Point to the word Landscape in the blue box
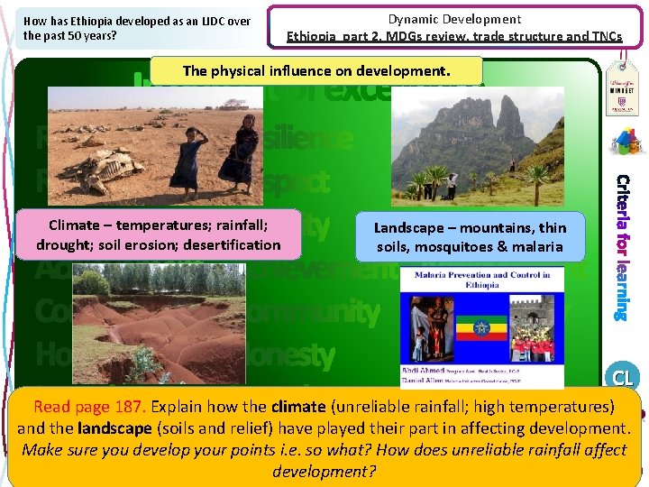tap(410, 229)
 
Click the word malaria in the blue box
tap(541, 246)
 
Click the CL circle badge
tap(622, 377)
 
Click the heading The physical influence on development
tap(315, 70)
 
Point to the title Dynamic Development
tap(454, 19)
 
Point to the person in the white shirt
tap(451, 184)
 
